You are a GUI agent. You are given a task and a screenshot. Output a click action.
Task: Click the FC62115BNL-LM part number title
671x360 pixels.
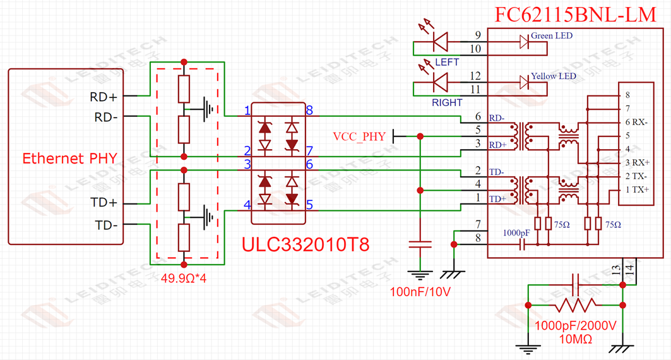tap(576, 15)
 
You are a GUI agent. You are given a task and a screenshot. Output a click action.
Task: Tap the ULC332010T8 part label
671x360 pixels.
tap(306, 244)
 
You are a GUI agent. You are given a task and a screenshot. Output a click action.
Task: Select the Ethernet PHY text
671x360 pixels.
tap(69, 158)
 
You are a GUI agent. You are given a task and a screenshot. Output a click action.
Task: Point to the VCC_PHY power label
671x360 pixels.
tap(359, 136)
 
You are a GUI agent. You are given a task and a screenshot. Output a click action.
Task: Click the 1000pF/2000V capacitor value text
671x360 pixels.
tap(574, 326)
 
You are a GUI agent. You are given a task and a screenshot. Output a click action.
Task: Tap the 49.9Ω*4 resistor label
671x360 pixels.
tap(184, 278)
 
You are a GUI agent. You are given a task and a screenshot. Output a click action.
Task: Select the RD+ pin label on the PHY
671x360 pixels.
tap(105, 97)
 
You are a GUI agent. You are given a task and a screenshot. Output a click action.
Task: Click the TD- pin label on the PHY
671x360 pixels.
tap(106, 224)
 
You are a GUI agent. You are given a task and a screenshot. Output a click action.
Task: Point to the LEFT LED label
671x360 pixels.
tap(447, 62)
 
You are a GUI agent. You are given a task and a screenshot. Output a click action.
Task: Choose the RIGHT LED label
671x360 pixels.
tap(447, 102)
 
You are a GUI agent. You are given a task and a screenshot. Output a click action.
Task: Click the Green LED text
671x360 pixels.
tap(552, 36)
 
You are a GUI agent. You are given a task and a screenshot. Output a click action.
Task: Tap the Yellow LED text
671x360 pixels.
tap(553, 76)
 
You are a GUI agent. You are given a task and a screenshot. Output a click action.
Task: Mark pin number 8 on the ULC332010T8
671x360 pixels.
tap(309, 111)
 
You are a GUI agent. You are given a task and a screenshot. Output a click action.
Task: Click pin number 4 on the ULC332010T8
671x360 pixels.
tap(247, 205)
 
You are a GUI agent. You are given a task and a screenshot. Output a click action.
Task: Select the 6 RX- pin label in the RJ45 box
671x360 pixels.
tap(634, 122)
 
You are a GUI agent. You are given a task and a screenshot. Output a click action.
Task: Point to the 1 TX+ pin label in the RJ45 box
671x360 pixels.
tap(634, 189)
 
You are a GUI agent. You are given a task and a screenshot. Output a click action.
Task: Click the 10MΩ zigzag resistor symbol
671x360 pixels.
tap(574, 305)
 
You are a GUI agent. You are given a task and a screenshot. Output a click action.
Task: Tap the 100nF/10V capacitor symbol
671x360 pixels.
tap(416, 245)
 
